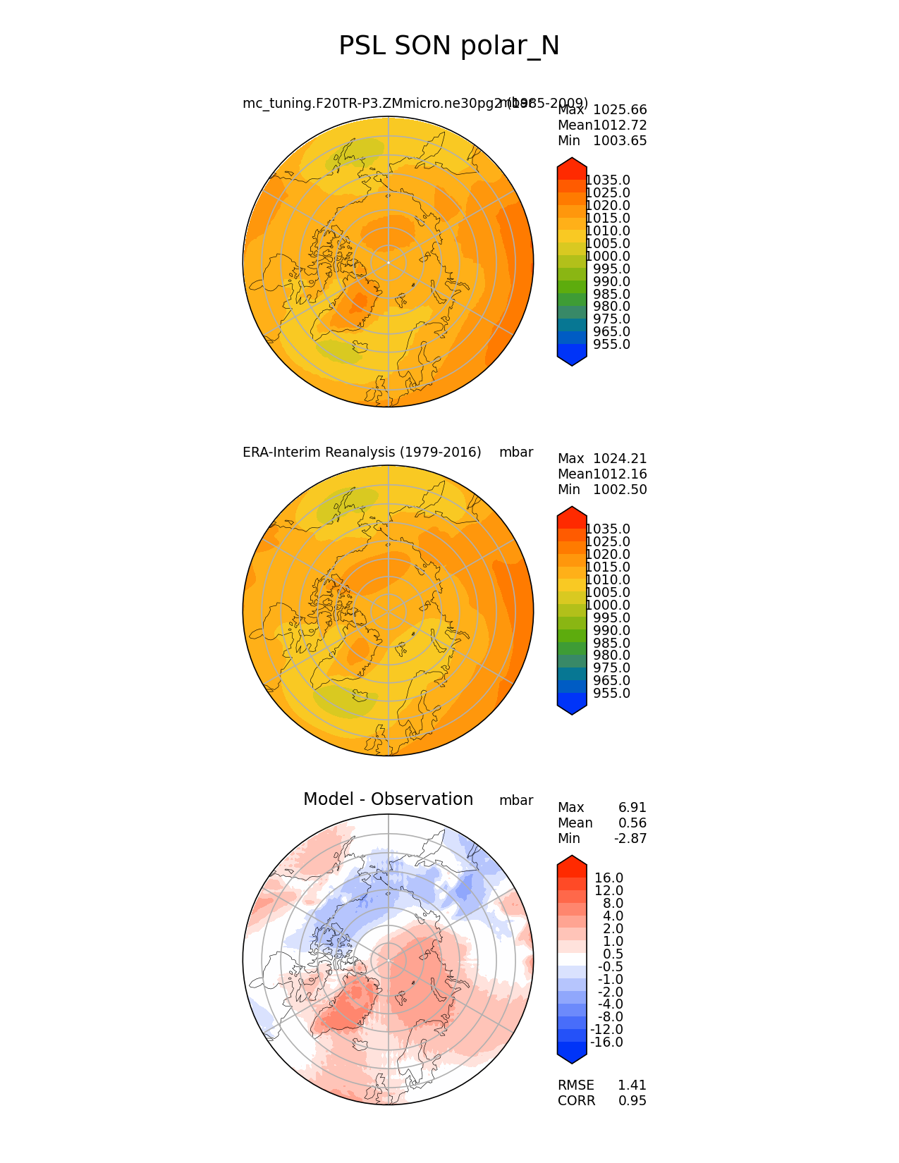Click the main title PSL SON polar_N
[x=449, y=46]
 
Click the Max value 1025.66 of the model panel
[x=620, y=110]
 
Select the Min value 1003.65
[x=620, y=141]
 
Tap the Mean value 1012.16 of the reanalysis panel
[x=620, y=474]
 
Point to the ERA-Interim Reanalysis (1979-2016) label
[x=362, y=453]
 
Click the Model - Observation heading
[x=388, y=799]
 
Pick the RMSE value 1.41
[x=632, y=1085]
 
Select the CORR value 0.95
[x=632, y=1101]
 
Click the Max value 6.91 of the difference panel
[x=632, y=808]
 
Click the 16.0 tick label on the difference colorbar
[x=608, y=878]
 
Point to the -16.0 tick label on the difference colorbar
[x=606, y=1042]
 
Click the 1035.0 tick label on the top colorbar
[x=608, y=180]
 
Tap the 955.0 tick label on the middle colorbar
[x=611, y=694]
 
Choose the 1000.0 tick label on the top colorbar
[x=608, y=257]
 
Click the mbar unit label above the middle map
[x=516, y=453]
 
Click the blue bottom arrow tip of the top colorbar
[x=572, y=363]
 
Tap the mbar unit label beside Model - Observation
[x=516, y=801]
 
